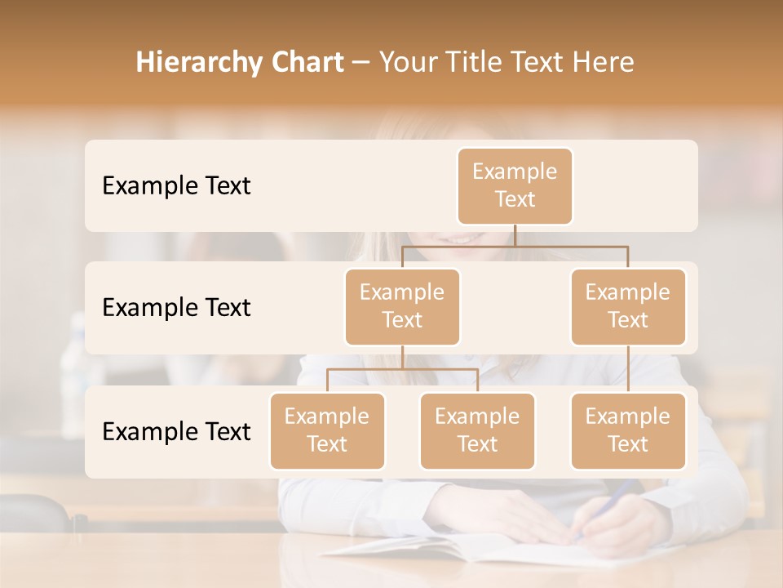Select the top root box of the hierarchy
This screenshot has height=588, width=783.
coord(515,186)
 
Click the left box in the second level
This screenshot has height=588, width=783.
coord(402,307)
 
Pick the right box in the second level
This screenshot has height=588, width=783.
coord(628,307)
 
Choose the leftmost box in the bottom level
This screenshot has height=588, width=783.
coord(327,431)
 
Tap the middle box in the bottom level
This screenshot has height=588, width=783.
coord(477,431)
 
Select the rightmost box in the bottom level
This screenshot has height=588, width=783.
coord(628,431)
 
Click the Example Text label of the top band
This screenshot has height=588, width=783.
coord(176,186)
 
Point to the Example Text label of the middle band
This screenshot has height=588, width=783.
coord(176,308)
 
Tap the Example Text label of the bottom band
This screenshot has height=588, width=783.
coord(176,432)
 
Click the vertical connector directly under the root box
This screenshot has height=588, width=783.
coord(515,235)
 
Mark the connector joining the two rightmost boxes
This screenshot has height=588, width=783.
coord(628,369)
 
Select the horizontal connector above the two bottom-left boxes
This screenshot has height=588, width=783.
coord(402,369)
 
